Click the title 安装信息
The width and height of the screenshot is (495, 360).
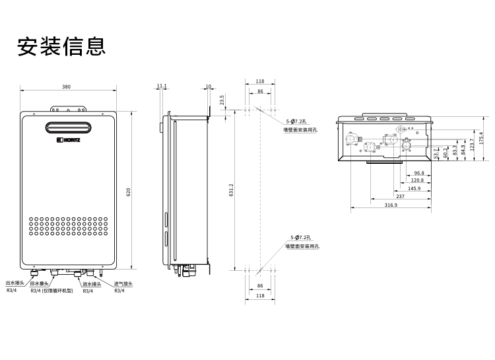pyautogui.click(x=61, y=47)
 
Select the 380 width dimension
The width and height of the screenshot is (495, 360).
pyautogui.click(x=67, y=87)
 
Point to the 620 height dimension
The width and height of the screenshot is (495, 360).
pyautogui.click(x=129, y=192)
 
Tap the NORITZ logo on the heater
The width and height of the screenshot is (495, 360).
pyautogui.click(x=68, y=139)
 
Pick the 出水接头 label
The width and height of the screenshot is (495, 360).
pyautogui.click(x=15, y=283)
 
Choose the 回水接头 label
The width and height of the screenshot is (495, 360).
pyautogui.click(x=40, y=283)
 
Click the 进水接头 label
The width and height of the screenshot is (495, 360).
pyautogui.click(x=92, y=283)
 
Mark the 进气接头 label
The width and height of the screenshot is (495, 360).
pyautogui.click(x=123, y=283)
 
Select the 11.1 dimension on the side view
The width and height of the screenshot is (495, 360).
pyautogui.click(x=162, y=86)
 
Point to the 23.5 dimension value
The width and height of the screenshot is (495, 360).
pyautogui.click(x=222, y=99)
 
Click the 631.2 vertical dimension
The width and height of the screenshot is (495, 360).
pyautogui.click(x=231, y=190)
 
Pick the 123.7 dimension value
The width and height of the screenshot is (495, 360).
pyautogui.click(x=472, y=143)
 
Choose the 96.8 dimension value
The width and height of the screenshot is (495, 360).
pyautogui.click(x=419, y=172)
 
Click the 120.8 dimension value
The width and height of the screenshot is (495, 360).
pyautogui.click(x=417, y=180)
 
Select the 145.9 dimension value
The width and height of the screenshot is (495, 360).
pyautogui.click(x=414, y=188)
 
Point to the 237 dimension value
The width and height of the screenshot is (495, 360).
pyautogui.click(x=401, y=196)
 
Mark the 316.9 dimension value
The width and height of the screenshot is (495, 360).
pyautogui.click(x=391, y=205)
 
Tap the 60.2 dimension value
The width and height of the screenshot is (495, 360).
pyautogui.click(x=446, y=153)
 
